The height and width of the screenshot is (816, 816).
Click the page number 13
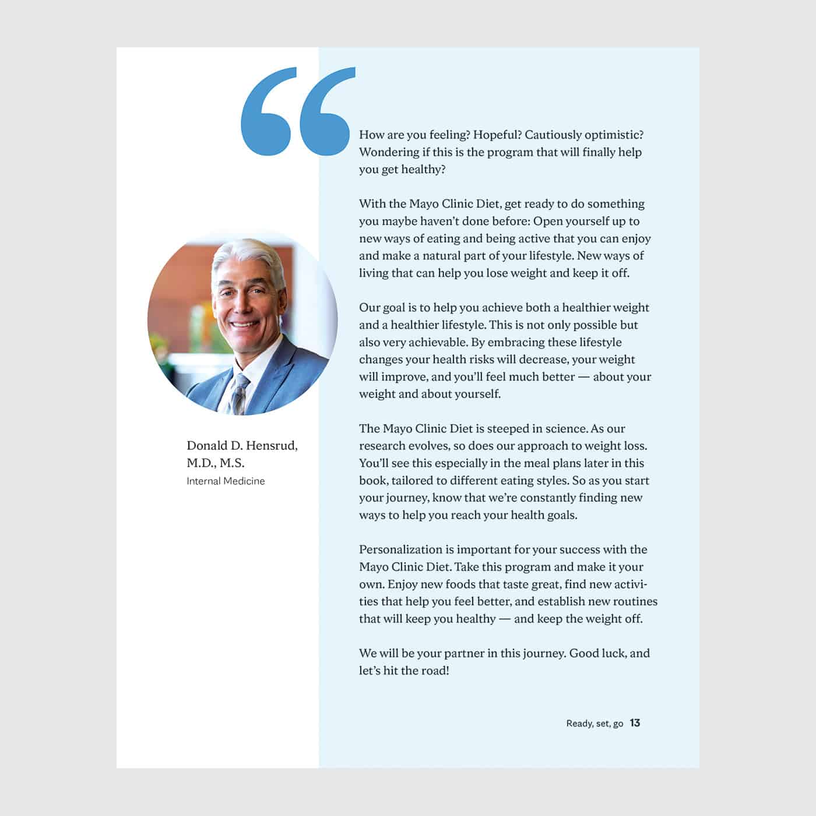[635, 723]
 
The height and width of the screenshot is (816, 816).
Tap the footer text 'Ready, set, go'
[595, 723]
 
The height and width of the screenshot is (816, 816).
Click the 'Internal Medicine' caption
[226, 481]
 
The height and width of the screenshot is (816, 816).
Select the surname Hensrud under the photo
[270, 445]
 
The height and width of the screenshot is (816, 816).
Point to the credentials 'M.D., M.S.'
[216, 463]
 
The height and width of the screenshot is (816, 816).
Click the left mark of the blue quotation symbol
[266, 114]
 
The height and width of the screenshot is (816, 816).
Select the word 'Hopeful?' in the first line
[497, 135]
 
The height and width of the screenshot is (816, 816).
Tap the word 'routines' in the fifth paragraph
[633, 601]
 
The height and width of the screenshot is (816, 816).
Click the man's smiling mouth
[245, 324]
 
